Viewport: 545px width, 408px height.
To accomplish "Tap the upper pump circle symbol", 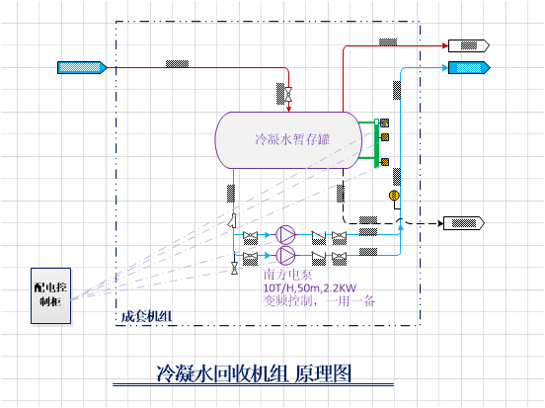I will click(x=285, y=234).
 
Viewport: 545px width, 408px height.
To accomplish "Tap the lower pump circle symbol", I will click(x=285, y=255).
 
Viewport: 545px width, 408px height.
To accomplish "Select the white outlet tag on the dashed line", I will click(x=464, y=223).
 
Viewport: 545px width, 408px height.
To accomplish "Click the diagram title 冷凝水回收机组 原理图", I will click(x=255, y=374).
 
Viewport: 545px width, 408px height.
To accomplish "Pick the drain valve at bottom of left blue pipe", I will click(x=233, y=268).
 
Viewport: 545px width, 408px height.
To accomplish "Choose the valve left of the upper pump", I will click(x=251, y=235).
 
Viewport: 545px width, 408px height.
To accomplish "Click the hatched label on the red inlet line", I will click(x=178, y=65).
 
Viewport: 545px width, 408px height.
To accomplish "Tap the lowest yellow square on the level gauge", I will click(x=385, y=161).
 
